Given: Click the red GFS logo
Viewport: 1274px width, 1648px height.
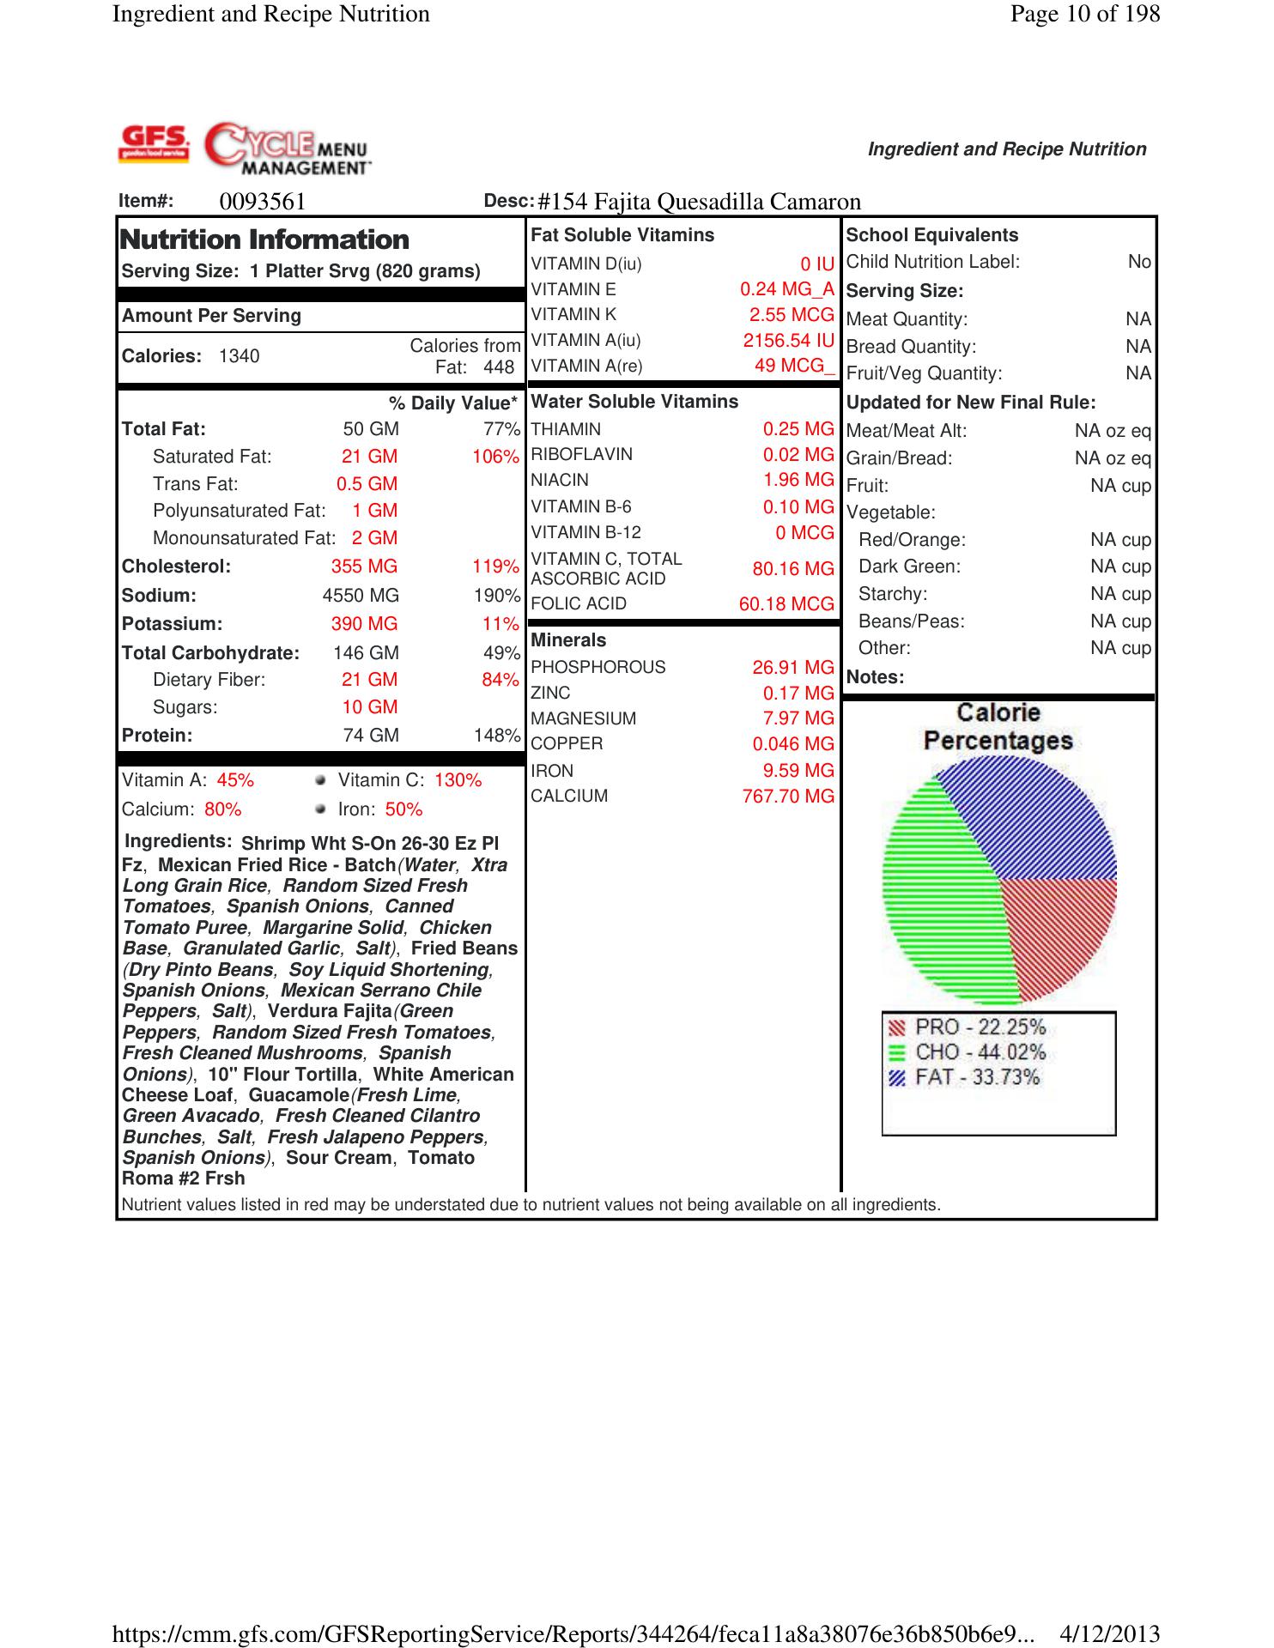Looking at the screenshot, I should point(155,143).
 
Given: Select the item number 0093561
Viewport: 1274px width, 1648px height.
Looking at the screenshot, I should point(263,202).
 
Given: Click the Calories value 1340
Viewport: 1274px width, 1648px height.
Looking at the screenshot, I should point(239,356).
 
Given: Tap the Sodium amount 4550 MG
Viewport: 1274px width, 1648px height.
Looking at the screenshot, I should point(361,596).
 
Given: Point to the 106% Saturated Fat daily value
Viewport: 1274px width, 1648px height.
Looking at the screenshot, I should point(495,457).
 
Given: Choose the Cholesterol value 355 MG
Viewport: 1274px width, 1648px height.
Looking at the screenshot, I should point(364,566).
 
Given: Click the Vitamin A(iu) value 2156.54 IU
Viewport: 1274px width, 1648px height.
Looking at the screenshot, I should point(788,341).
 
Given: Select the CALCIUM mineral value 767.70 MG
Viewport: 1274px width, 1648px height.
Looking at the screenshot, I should point(788,797).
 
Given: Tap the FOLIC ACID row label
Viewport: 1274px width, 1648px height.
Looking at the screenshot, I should point(579,604).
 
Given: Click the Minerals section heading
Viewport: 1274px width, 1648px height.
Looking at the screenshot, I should point(568,640).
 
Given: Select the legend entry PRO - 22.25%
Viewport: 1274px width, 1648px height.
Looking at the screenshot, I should point(980,1027).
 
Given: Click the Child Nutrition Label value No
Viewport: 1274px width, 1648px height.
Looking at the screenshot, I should point(1139,262).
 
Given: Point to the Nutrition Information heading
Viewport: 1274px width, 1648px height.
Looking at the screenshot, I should point(265,239).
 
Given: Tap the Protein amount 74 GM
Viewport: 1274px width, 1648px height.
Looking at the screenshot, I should point(371,736).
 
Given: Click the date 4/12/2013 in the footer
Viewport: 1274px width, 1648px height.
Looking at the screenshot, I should point(1110,1633).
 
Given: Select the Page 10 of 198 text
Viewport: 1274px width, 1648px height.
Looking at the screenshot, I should point(1085,14).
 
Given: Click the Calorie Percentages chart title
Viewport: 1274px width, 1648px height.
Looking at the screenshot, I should point(998,726).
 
